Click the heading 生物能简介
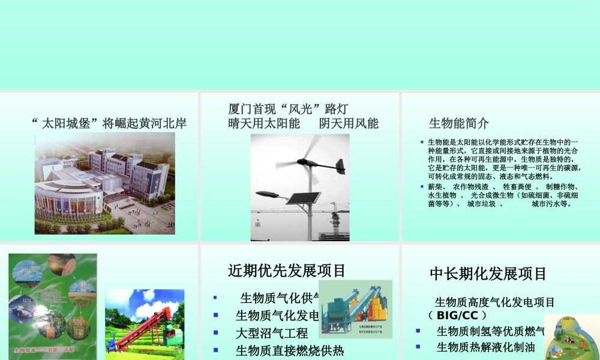click(459, 124)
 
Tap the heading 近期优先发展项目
click(287, 271)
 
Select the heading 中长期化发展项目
click(488, 274)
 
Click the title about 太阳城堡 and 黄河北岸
click(109, 124)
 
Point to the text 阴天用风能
click(349, 124)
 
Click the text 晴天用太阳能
click(264, 124)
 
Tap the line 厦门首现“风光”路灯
click(288, 109)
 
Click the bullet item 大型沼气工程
click(272, 333)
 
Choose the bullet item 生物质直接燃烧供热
click(290, 350)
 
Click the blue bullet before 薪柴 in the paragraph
click(422, 187)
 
